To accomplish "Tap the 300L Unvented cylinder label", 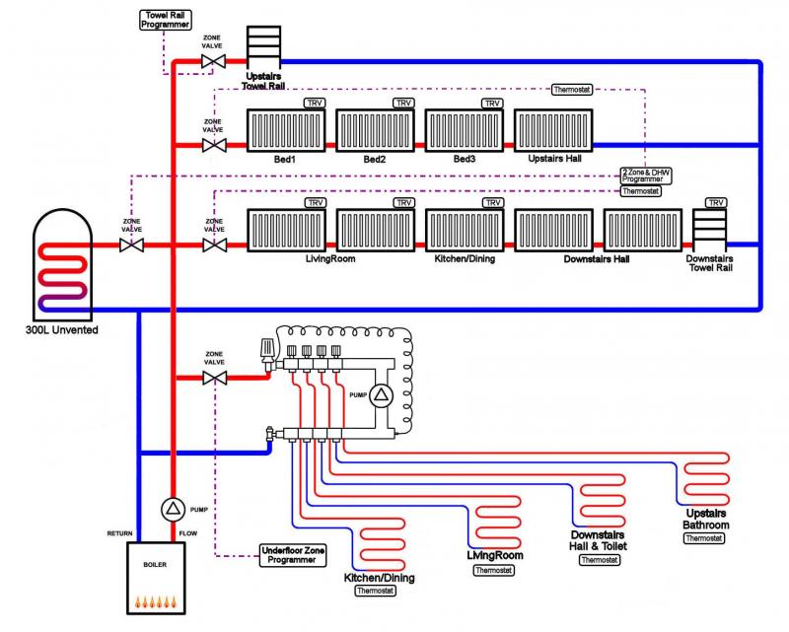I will [56, 329].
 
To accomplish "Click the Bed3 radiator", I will [465, 129].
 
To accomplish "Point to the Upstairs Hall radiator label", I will [554, 159].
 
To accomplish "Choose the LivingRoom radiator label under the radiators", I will [329, 259].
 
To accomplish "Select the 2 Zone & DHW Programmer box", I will [643, 175].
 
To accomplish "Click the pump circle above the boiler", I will [173, 510].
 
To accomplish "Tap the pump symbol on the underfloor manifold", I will [383, 395].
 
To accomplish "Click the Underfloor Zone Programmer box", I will [291, 554].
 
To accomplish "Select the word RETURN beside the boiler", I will [120, 533].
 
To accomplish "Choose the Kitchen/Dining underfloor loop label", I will [375, 578].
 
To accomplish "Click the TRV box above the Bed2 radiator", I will [403, 103].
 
